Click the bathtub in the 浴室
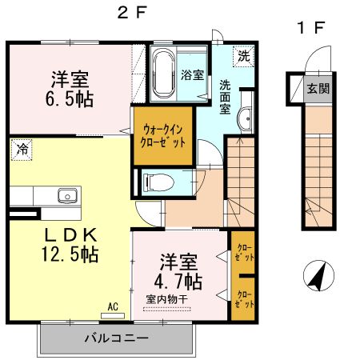(x=164, y=73)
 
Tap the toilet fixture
(x=158, y=182)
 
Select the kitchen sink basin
(x=68, y=196)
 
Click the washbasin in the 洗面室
(x=245, y=118)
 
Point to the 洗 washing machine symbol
(x=243, y=56)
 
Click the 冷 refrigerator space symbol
(x=22, y=150)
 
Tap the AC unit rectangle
(x=113, y=316)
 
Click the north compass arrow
(x=318, y=276)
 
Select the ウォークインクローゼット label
(x=162, y=136)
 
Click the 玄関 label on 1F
(x=318, y=89)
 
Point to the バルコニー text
(x=117, y=338)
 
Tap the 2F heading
(x=132, y=12)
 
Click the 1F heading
(x=311, y=27)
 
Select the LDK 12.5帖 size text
(x=70, y=245)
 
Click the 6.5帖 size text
(x=70, y=99)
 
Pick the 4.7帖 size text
(x=178, y=282)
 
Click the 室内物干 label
(x=167, y=299)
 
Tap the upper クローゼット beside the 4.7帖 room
(x=244, y=252)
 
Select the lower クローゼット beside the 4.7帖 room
(x=244, y=299)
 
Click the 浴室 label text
(x=192, y=75)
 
